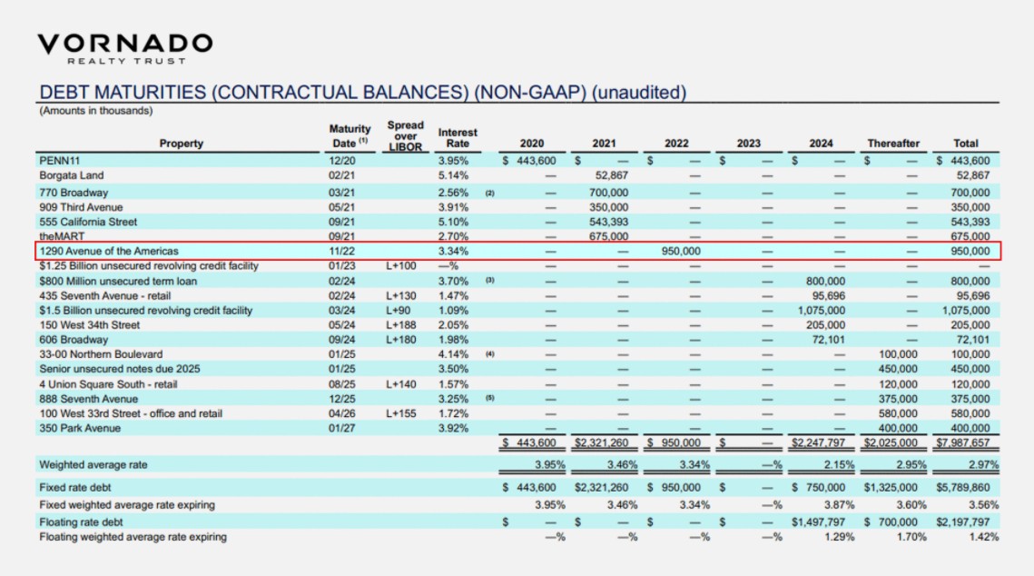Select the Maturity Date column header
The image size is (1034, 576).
(350, 136)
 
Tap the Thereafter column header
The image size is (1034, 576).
(893, 144)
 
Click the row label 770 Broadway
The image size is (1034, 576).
(74, 193)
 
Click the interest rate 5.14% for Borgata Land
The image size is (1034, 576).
(453, 176)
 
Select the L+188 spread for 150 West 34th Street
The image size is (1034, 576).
(400, 325)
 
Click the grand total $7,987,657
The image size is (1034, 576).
(966, 443)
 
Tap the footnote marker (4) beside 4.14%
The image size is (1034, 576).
(489, 354)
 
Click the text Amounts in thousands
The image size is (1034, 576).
(95, 112)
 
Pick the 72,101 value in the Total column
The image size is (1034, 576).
(972, 340)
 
